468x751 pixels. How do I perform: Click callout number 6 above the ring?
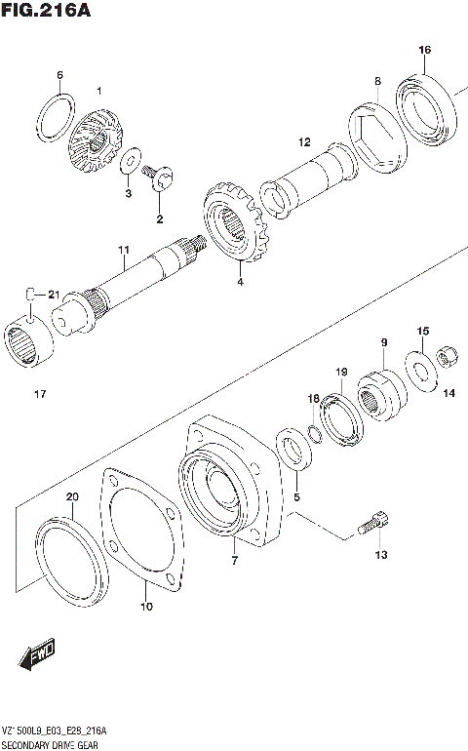pyautogui.click(x=59, y=75)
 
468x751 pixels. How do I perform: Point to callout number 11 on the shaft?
pyautogui.click(x=124, y=251)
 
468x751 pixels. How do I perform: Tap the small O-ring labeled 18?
pyautogui.click(x=313, y=432)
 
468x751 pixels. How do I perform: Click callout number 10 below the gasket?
pyautogui.click(x=146, y=607)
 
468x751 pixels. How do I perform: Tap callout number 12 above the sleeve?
pyautogui.click(x=304, y=141)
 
